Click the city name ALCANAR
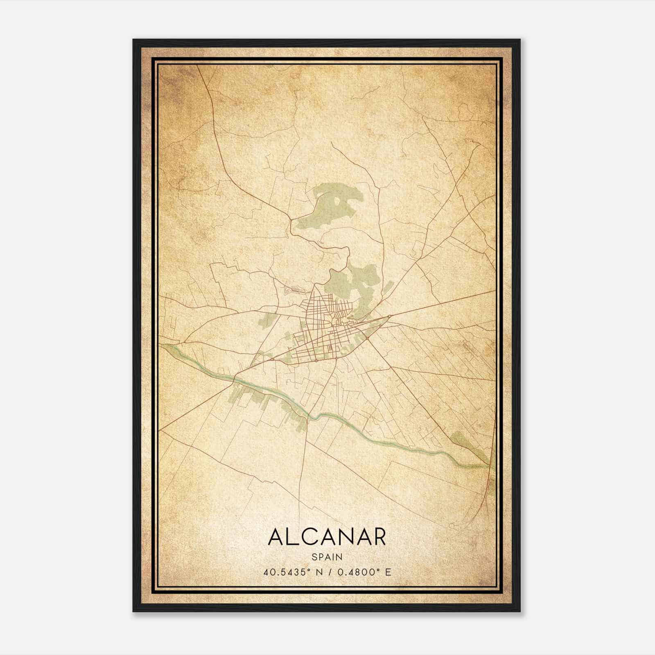327,538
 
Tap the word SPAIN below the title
327,557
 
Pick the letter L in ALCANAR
291,538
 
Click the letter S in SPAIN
314,557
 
